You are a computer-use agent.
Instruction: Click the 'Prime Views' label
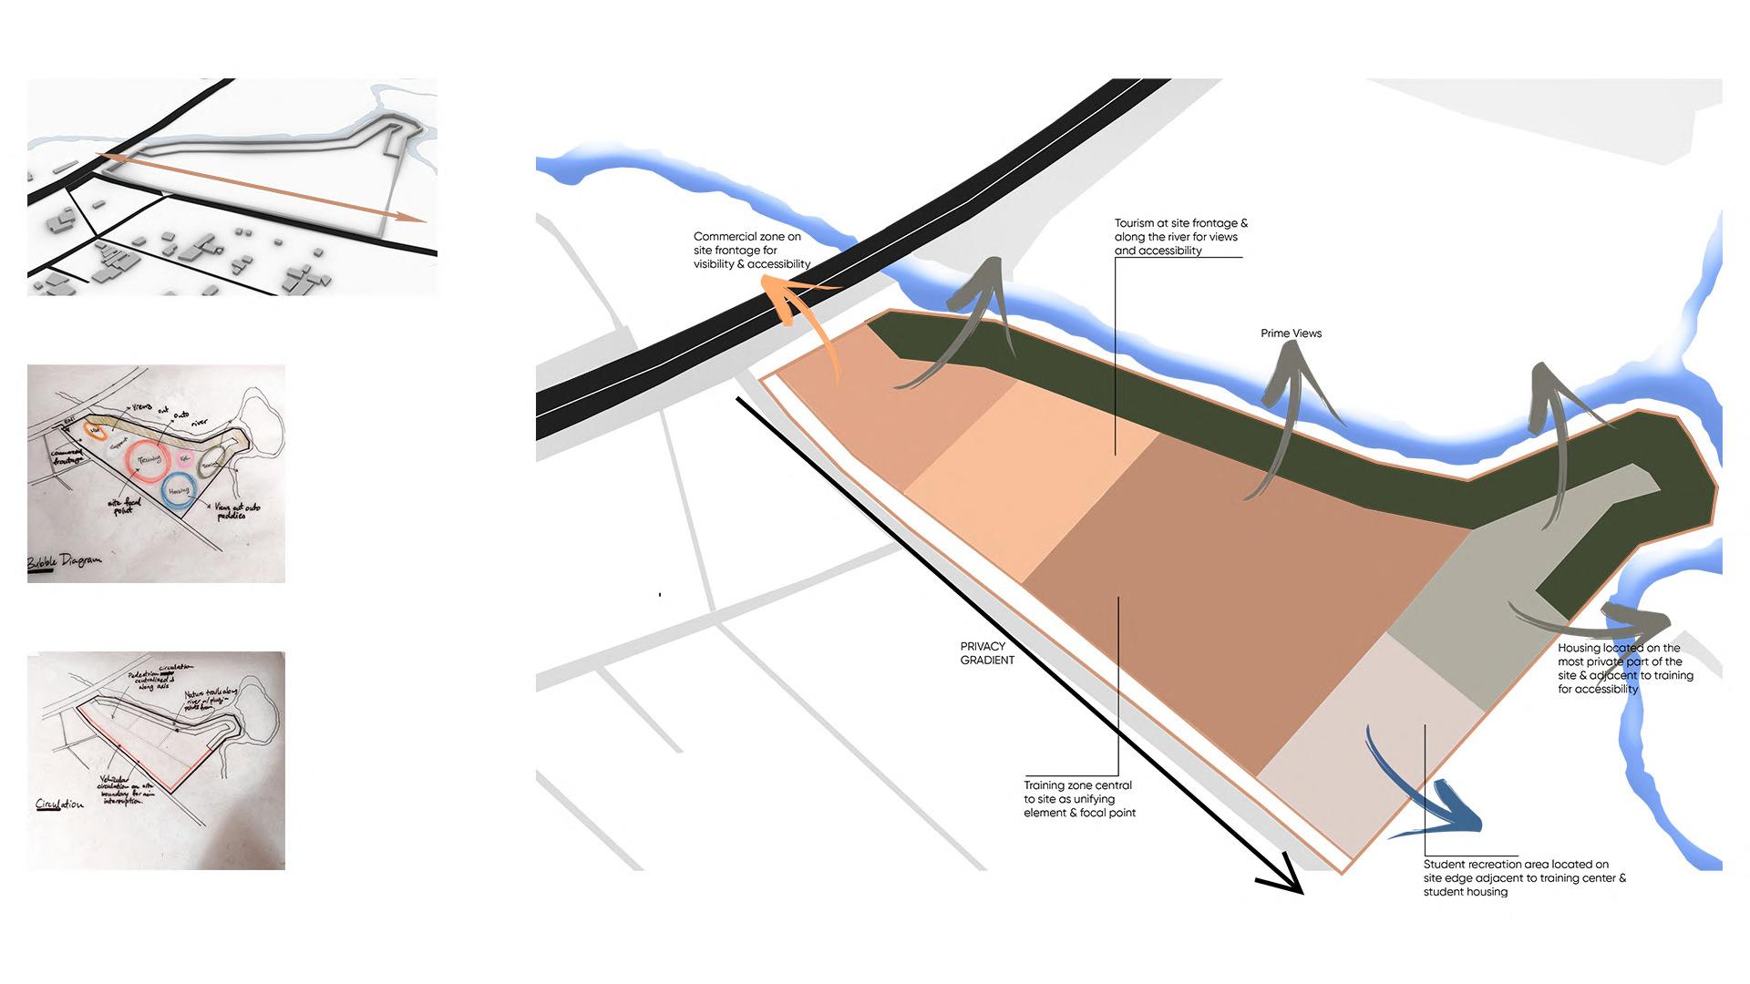1291,333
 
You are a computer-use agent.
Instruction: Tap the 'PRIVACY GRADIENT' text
987,653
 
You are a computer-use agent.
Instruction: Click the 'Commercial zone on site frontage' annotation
751,251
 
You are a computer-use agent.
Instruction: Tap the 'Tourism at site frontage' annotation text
1180,237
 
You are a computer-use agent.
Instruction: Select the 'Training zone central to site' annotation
1079,799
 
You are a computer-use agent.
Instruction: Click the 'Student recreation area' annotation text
1524,878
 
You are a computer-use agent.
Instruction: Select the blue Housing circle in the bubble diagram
178,490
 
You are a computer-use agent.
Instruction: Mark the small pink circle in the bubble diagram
184,458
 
